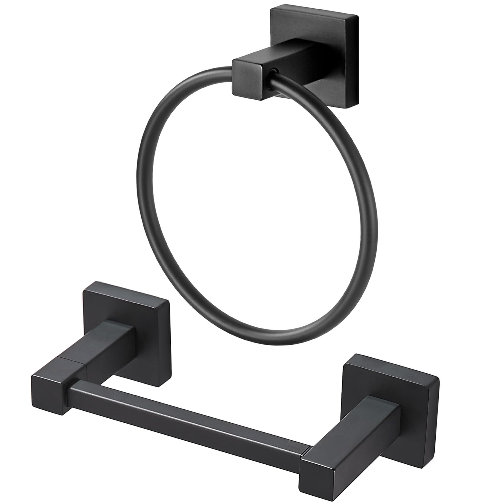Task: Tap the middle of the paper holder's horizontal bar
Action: [188, 412]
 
